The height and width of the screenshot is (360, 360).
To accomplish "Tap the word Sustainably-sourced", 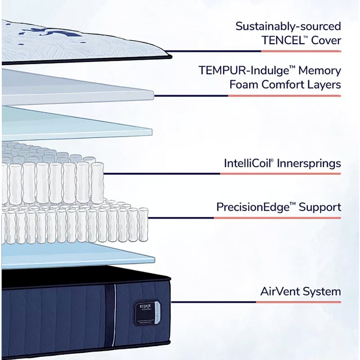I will pyautogui.click(x=288, y=26).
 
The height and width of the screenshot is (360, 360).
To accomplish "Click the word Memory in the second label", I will pyautogui.click(x=322, y=71).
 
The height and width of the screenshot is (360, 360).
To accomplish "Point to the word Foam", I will pyautogui.click(x=243, y=85).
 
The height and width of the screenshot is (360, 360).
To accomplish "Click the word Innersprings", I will pyautogui.click(x=310, y=163).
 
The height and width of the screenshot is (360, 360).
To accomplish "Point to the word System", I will pyautogui.click(x=322, y=291).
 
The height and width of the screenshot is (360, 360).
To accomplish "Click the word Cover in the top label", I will pyautogui.click(x=324, y=40).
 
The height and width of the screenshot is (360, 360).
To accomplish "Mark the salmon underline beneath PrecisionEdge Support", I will pyautogui.click(x=277, y=218).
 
